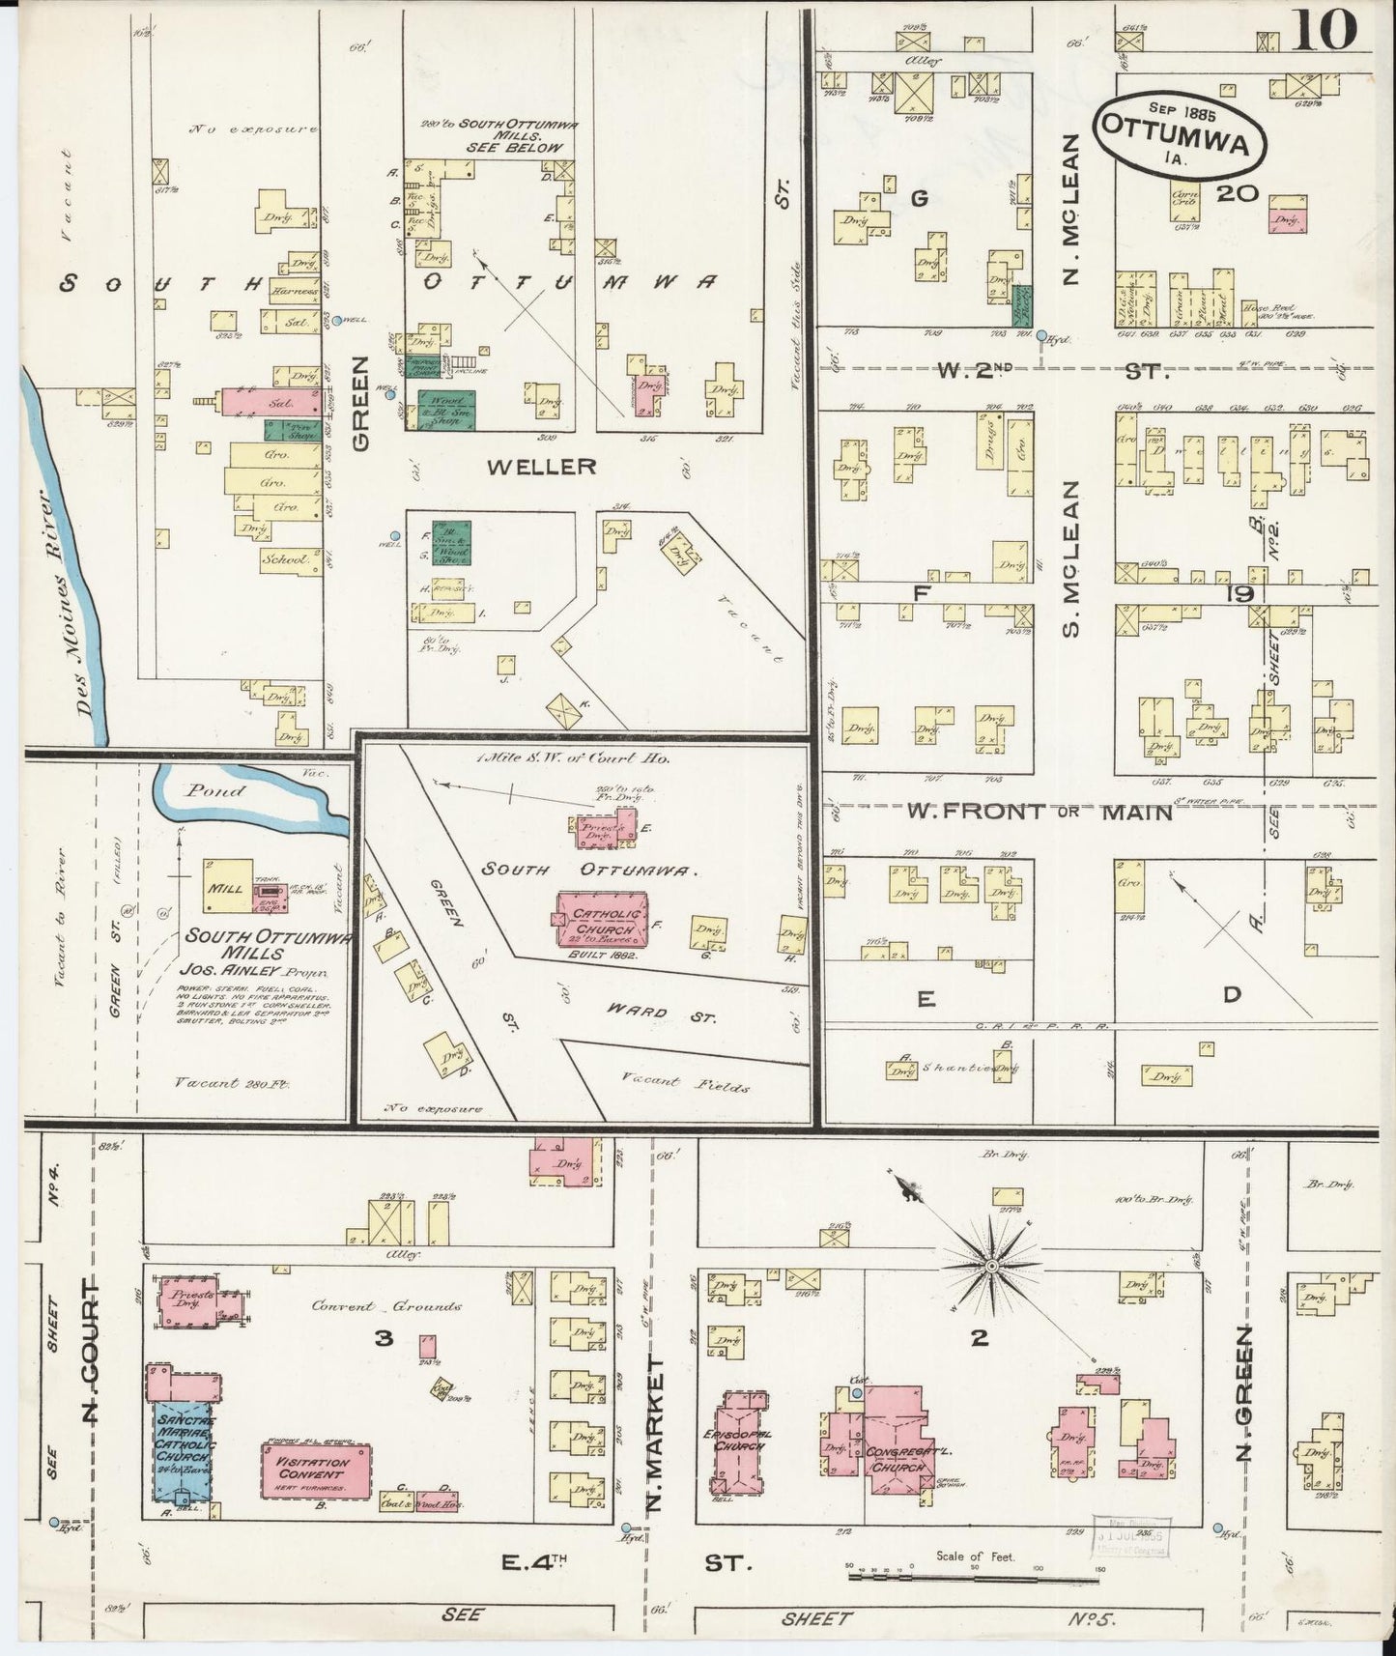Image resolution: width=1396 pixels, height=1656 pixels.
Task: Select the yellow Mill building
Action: pos(228,882)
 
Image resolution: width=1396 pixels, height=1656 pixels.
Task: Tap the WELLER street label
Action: pos(541,467)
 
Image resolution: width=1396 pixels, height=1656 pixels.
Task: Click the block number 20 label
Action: pos(1237,193)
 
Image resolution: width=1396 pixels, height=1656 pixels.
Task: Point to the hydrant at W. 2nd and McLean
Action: pos(1041,336)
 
